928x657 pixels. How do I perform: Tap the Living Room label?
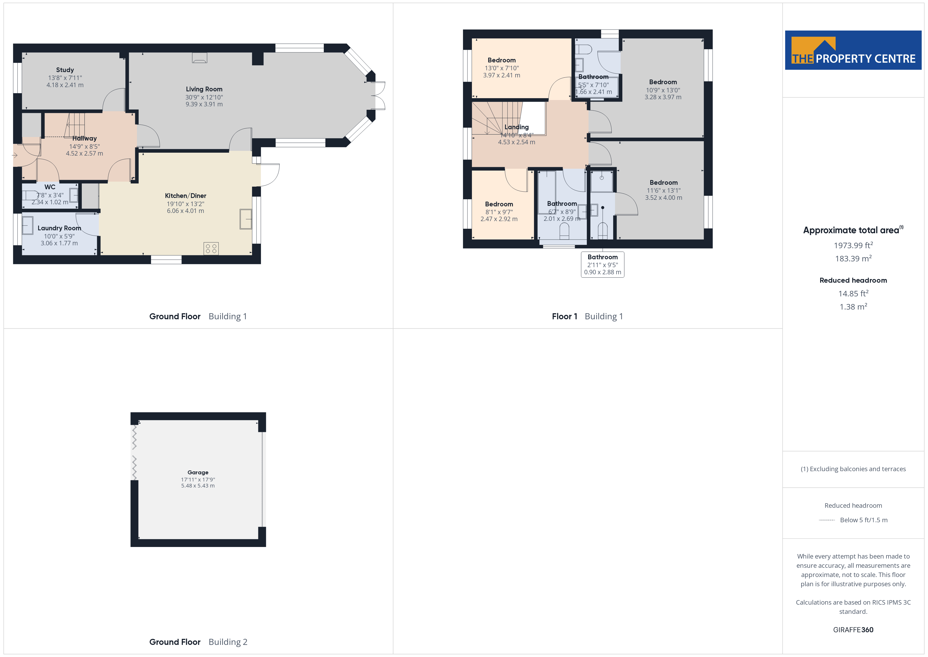(204, 89)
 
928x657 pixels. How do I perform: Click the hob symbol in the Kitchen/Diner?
(211, 248)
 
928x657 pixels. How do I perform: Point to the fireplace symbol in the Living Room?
(199, 58)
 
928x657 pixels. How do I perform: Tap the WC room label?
(50, 187)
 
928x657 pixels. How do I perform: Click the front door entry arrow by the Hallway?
(15, 155)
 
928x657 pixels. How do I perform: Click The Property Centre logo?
(853, 50)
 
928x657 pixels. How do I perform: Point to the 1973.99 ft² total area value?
(853, 245)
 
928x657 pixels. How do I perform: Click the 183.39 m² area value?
(853, 258)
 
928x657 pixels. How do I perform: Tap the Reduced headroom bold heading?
(853, 280)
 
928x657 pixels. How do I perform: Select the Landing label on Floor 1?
(517, 127)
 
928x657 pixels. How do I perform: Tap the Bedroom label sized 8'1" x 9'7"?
(499, 204)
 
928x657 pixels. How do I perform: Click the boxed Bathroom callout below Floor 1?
(603, 265)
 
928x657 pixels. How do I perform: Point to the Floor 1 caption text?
(565, 316)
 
